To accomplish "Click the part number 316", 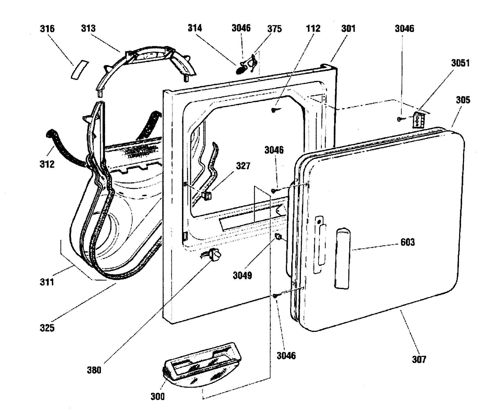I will pyautogui.click(x=47, y=28).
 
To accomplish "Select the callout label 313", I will pyautogui.click(x=88, y=28).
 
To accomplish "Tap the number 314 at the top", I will pyautogui.click(x=195, y=28).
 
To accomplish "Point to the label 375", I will pyautogui.click(x=274, y=29).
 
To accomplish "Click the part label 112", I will pyautogui.click(x=313, y=28).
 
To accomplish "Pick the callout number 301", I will pyautogui.click(x=348, y=28).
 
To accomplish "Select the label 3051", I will pyautogui.click(x=460, y=63).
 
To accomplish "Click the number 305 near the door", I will pyautogui.click(x=463, y=100).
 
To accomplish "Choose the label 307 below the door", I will pyautogui.click(x=419, y=359).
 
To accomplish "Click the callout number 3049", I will pyautogui.click(x=242, y=276).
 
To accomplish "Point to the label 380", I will pyautogui.click(x=94, y=370).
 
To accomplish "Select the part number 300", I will pyautogui.click(x=157, y=396).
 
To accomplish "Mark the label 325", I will pyautogui.click(x=47, y=328).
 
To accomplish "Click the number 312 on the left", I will pyautogui.click(x=47, y=164).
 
